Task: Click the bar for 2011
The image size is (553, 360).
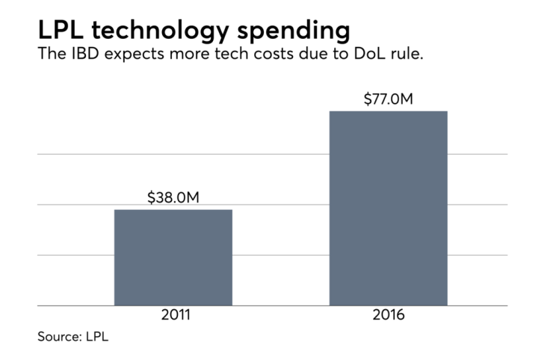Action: pyautogui.click(x=173, y=257)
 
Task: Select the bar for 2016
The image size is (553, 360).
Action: pyautogui.click(x=388, y=208)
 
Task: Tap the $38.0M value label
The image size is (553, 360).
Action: pyautogui.click(x=173, y=198)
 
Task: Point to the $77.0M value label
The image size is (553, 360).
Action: pyautogui.click(x=389, y=99)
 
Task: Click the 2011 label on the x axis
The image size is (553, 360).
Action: pyautogui.click(x=173, y=315)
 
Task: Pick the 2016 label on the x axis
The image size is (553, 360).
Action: pyautogui.click(x=389, y=315)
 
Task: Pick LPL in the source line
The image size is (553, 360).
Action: pyautogui.click(x=98, y=337)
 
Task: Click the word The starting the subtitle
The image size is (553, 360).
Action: pyautogui.click(x=51, y=57)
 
